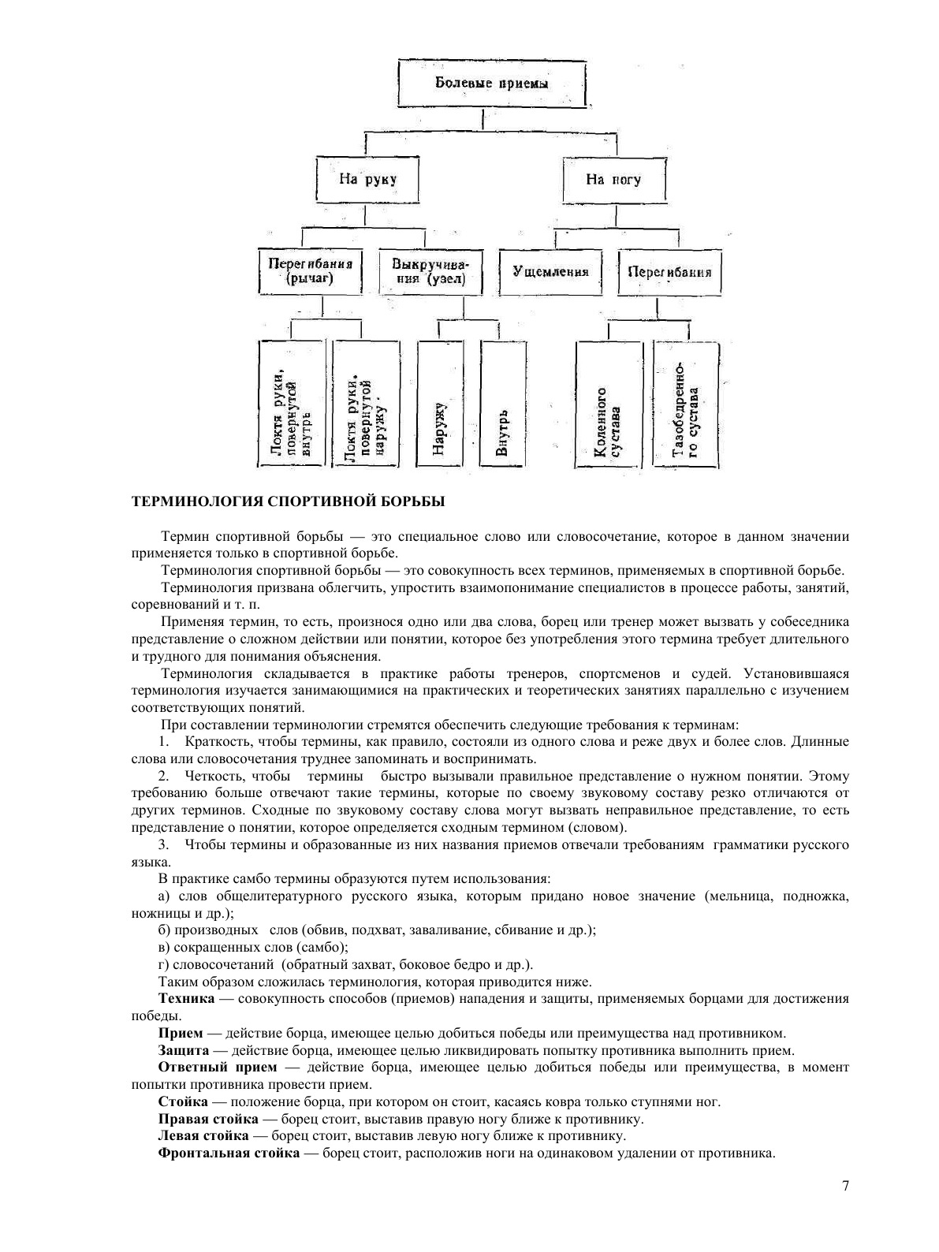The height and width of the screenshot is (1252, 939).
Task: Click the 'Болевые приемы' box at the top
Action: (x=492, y=83)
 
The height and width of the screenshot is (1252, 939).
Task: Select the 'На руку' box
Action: (x=367, y=180)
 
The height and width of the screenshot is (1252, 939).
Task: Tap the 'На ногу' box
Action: (x=613, y=180)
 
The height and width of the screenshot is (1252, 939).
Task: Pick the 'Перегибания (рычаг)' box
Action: (x=310, y=272)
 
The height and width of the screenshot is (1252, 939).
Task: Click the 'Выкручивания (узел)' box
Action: (x=430, y=272)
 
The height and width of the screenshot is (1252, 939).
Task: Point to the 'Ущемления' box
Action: (x=550, y=272)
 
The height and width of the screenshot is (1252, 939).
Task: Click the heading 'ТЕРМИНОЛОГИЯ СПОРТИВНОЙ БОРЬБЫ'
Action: (x=288, y=501)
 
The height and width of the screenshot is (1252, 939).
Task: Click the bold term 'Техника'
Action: (x=186, y=998)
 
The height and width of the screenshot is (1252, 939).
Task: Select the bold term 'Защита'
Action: (x=184, y=1050)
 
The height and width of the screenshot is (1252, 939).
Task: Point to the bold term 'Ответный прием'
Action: (x=218, y=1068)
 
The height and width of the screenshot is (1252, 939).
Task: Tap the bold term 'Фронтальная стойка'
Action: (x=229, y=1153)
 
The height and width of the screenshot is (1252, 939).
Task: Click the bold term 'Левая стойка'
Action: (x=204, y=1136)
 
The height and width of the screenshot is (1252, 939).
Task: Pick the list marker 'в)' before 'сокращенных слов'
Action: (x=164, y=947)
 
